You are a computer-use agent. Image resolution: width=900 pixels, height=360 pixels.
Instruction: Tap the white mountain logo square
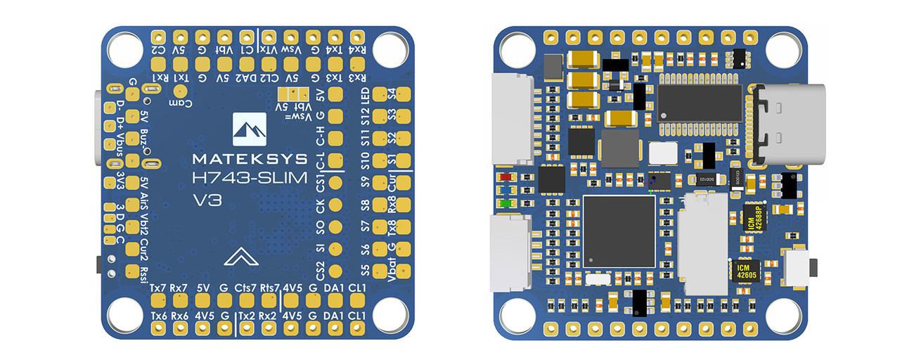point(250,129)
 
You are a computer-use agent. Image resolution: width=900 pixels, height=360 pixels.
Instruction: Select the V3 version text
point(207,200)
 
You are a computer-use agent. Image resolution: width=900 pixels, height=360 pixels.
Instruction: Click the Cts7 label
point(246,288)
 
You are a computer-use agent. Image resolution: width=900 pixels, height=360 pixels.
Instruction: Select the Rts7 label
point(271,288)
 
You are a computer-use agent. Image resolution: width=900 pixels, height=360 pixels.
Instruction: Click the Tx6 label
point(159,316)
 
